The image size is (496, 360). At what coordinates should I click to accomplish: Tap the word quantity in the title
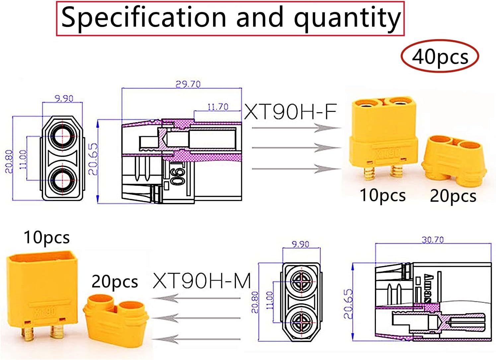pyautogui.click(x=347, y=19)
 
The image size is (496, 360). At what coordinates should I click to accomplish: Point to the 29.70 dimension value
pyautogui.click(x=188, y=84)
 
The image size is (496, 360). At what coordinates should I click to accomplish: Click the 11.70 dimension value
pyautogui.click(x=218, y=107)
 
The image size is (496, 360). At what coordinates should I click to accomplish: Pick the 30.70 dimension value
pyautogui.click(x=433, y=240)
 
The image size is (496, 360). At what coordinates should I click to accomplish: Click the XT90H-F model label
pyautogui.click(x=290, y=112)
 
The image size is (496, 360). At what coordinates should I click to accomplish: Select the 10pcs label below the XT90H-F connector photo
pyautogui.click(x=383, y=196)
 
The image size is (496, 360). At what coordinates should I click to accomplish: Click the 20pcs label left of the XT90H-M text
pyautogui.click(x=115, y=282)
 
